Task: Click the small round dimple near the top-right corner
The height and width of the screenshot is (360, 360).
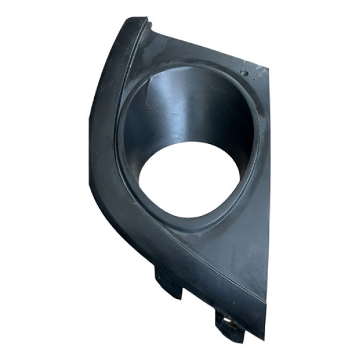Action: click(x=244, y=73)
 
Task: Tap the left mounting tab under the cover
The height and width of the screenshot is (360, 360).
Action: click(x=169, y=282)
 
